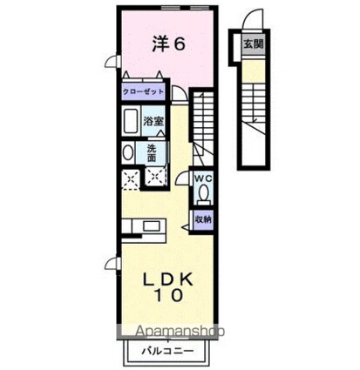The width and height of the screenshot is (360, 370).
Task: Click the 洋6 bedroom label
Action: coord(168,44)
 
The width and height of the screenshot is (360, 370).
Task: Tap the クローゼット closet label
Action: coord(143,91)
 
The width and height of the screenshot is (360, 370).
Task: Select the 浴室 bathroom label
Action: coord(153,121)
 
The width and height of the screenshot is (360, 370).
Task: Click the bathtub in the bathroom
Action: coord(130,121)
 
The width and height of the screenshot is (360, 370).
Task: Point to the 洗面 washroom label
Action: coord(152,153)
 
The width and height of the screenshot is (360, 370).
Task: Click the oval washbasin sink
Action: coord(128,152)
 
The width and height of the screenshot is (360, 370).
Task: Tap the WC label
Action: coord(203,178)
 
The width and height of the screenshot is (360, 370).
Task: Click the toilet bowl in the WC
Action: coord(204,193)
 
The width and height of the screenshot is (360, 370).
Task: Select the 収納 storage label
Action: coord(203,219)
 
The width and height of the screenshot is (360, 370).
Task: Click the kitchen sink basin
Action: coord(152,226)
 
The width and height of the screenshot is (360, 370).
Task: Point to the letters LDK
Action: coord(169,279)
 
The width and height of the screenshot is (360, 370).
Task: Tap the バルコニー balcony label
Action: coord(167,352)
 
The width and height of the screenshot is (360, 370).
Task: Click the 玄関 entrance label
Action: coord(253,44)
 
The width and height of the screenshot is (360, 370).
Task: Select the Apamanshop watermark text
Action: coord(180,331)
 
